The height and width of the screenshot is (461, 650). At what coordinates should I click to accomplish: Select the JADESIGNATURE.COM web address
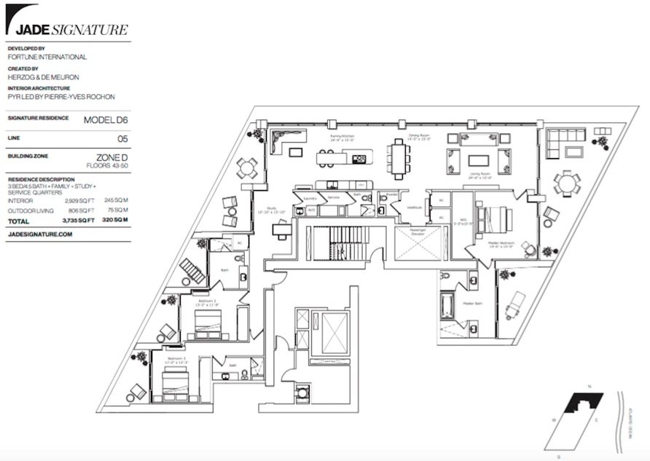[40, 235]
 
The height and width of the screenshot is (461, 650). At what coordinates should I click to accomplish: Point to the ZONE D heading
[111, 157]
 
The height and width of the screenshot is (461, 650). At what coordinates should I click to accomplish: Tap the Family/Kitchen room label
[341, 136]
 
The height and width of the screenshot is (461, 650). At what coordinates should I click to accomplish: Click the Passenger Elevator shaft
[416, 243]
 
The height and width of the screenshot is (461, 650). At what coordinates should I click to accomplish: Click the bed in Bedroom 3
[176, 379]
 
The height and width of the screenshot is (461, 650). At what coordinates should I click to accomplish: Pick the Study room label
[273, 208]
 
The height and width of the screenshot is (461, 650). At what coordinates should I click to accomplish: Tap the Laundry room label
[309, 197]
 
